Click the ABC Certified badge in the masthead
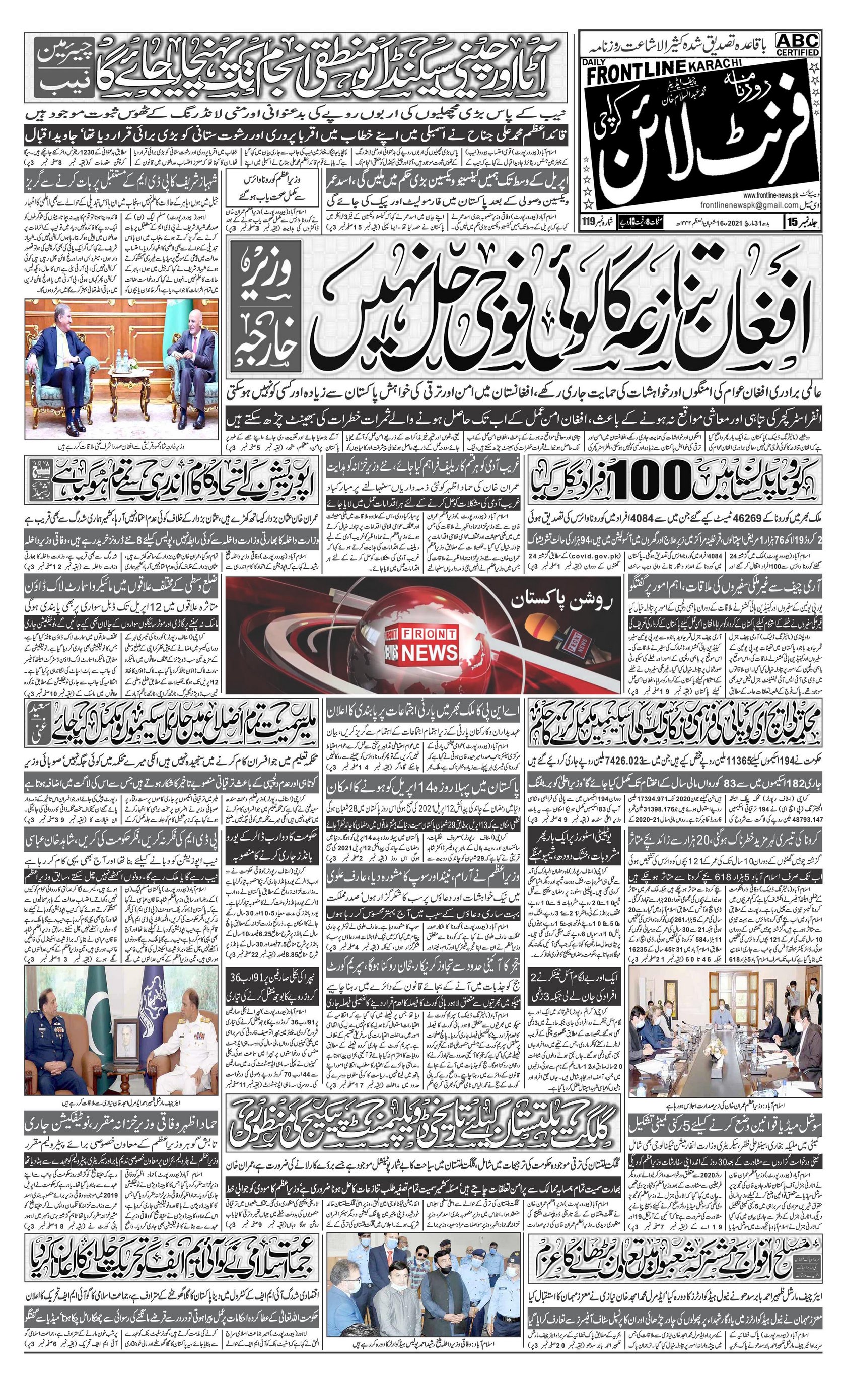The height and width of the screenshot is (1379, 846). pos(797,44)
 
